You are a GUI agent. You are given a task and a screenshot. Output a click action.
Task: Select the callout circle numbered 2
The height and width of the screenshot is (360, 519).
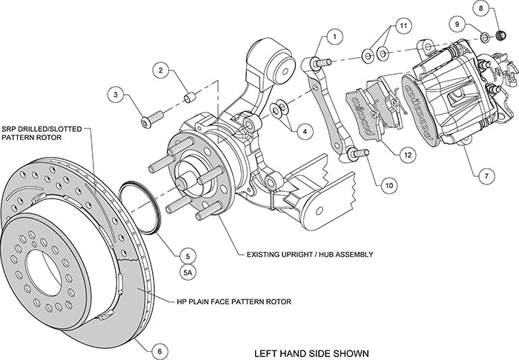pyautogui.click(x=159, y=71)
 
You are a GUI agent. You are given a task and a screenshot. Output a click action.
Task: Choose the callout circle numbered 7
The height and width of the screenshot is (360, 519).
pyautogui.click(x=465, y=176)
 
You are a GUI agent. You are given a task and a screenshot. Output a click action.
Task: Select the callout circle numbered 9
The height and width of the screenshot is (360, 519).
pyautogui.click(x=458, y=23)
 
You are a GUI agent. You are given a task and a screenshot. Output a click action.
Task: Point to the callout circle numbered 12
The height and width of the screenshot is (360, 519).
pyautogui.click(x=407, y=155)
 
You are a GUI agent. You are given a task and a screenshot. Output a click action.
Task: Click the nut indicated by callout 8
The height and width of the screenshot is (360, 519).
pyautogui.click(x=500, y=34)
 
